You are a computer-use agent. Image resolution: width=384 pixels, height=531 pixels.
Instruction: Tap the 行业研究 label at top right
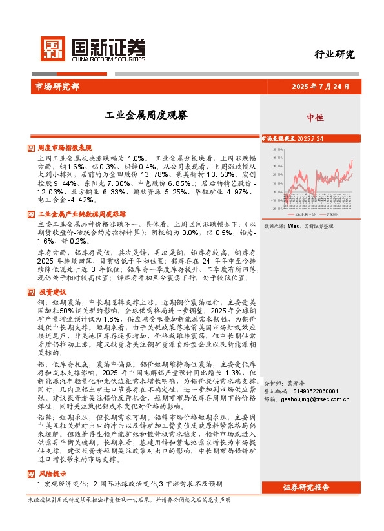[334, 54]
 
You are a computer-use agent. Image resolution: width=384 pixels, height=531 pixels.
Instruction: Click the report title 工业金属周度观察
[137, 116]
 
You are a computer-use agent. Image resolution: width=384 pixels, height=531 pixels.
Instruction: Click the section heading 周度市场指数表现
[65, 148]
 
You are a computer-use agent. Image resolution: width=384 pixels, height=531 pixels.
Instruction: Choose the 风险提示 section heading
[51, 474]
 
